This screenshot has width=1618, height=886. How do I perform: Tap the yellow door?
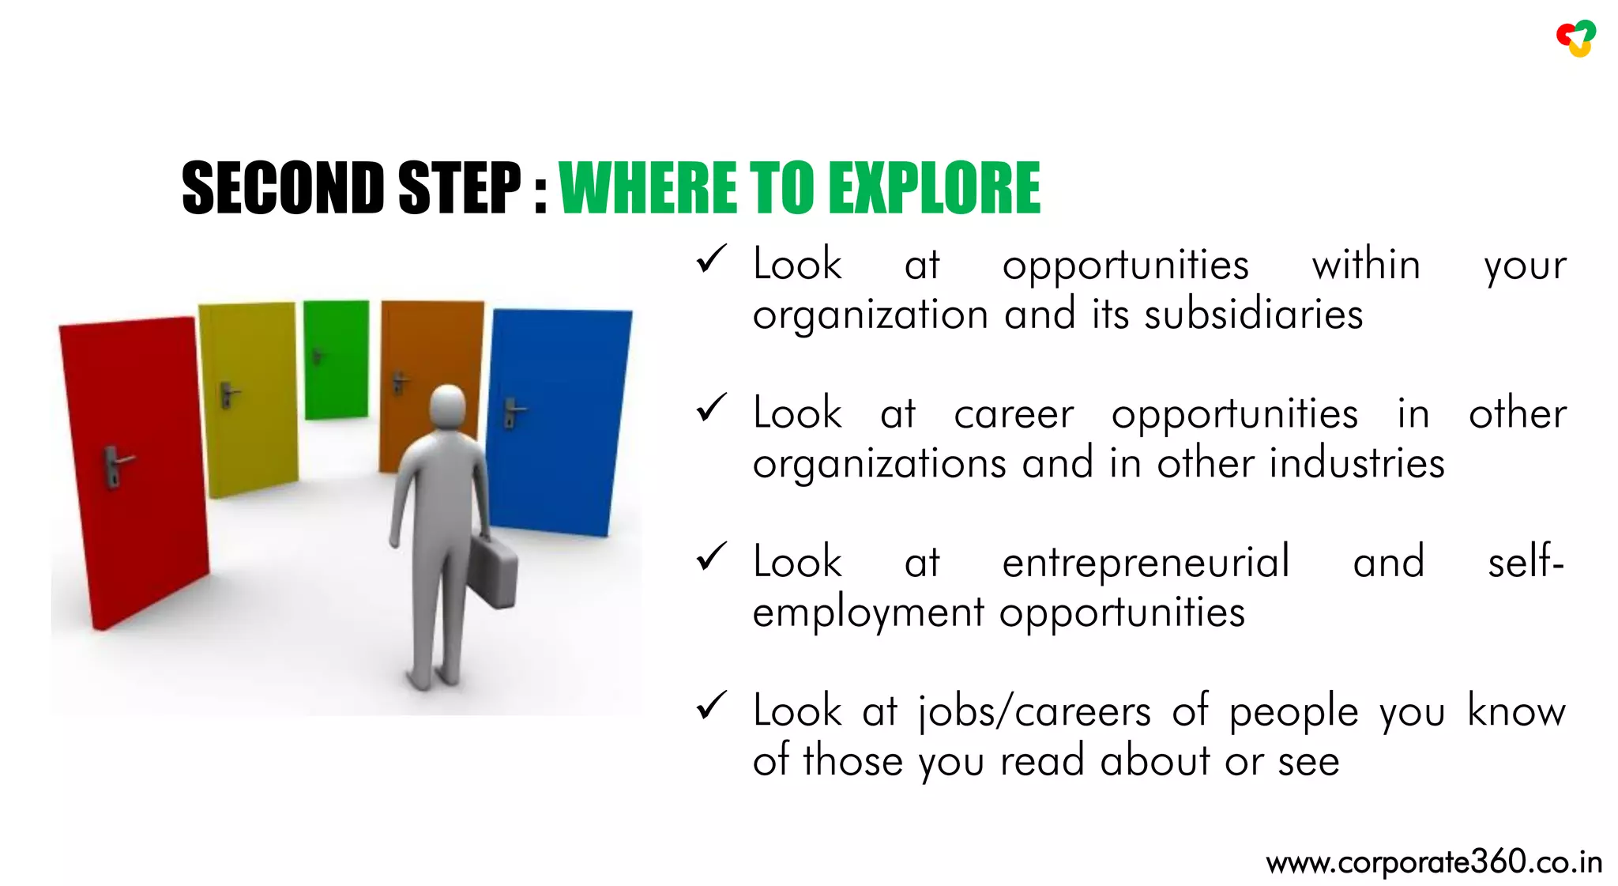coord(249,395)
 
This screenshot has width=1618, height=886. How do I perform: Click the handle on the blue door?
coord(513,411)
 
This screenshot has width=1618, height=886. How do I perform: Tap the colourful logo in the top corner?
coord(1576,38)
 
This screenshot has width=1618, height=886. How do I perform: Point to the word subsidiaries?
coord(1254,315)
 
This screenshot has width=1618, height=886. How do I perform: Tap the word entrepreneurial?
coord(1146,563)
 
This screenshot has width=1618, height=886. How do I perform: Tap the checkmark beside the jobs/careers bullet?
coord(711,706)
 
